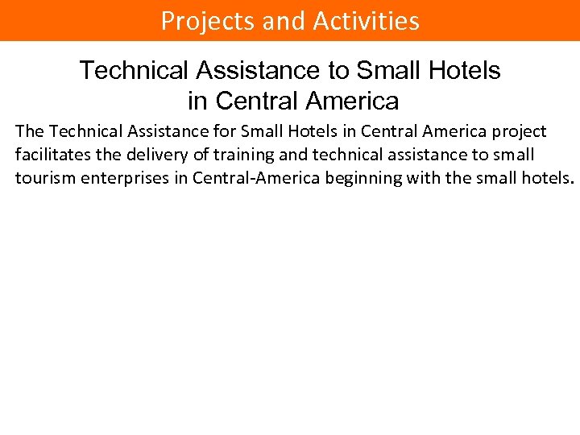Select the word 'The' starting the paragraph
click(x=30, y=131)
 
